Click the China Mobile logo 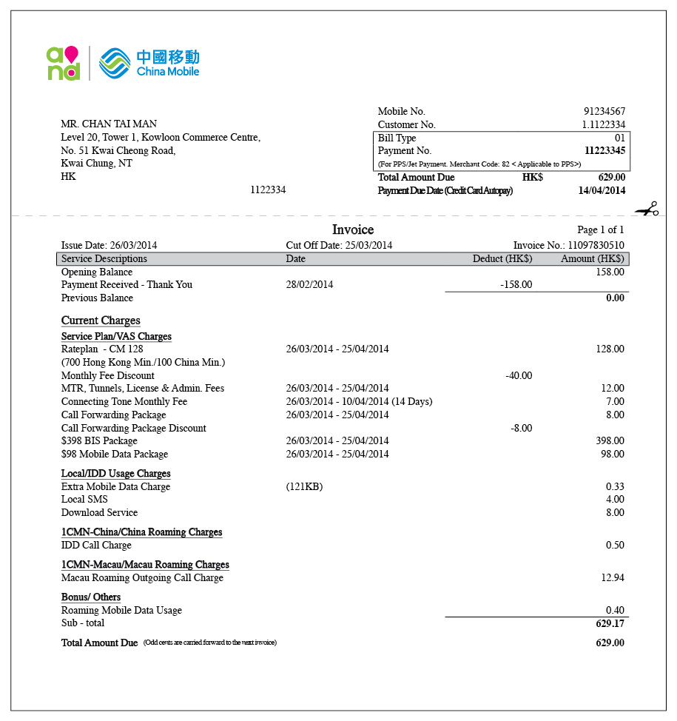[149, 63]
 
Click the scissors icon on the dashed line [647, 209]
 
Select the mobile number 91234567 [604, 112]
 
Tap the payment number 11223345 [604, 151]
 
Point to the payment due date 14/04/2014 [602, 191]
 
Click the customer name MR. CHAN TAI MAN [109, 124]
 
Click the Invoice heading [353, 229]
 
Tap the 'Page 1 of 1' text [600, 230]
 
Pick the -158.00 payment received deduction [516, 284]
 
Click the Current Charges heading [101, 321]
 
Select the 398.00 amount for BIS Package [610, 441]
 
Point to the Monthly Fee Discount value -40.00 [519, 375]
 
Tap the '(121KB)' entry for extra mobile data [304, 487]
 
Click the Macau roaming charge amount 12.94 [612, 577]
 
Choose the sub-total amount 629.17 [610, 624]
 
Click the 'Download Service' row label [99, 512]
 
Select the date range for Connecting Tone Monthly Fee [359, 402]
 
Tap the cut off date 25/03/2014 [368, 245]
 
